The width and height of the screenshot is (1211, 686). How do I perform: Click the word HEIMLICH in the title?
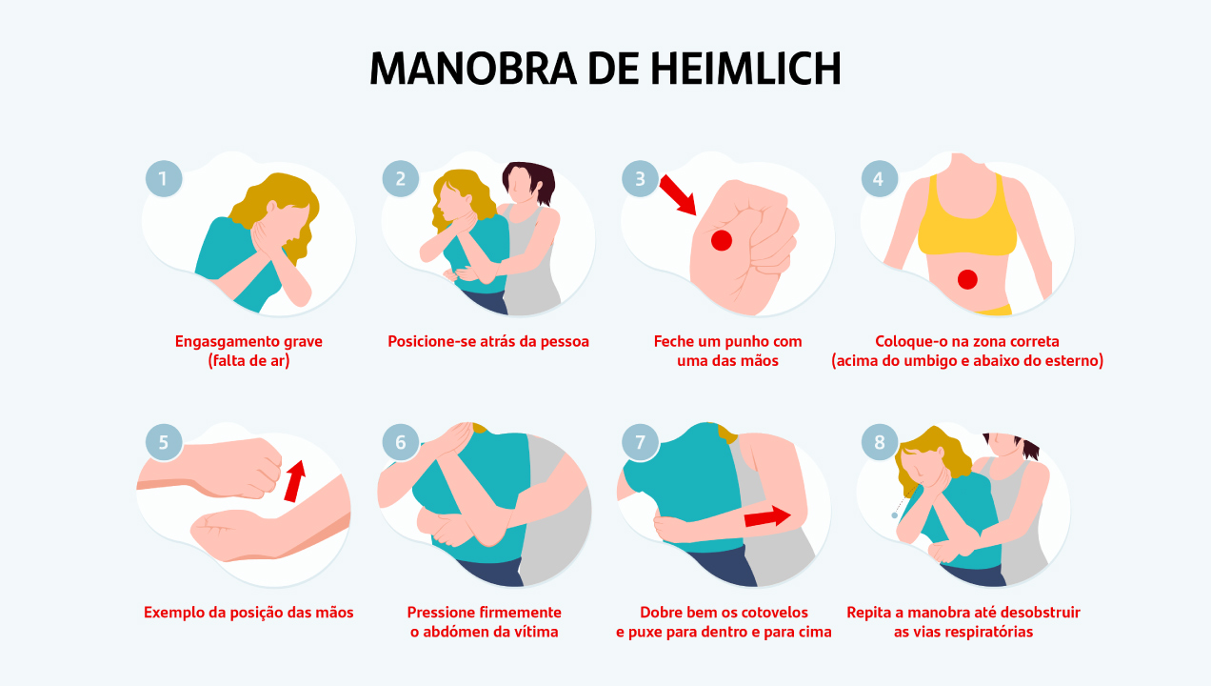point(745,69)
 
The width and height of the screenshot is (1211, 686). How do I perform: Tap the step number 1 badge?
point(164,178)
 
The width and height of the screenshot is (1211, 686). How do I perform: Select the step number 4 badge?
point(879,178)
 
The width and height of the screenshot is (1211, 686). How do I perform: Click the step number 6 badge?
point(401,442)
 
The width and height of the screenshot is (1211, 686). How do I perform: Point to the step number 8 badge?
point(879,442)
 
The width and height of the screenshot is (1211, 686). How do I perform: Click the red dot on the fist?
point(722,240)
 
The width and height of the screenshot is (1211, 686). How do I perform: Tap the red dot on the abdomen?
point(967,280)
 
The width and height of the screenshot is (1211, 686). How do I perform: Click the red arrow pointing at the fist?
point(677,194)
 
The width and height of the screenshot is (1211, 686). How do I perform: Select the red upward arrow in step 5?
point(295,481)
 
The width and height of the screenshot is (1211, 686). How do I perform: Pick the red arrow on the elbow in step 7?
point(767,516)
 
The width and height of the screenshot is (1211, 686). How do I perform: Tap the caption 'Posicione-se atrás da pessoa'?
point(488,341)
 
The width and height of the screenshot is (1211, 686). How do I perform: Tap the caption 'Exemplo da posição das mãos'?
point(248,613)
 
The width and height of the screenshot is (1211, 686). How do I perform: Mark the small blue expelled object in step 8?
point(895,515)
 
